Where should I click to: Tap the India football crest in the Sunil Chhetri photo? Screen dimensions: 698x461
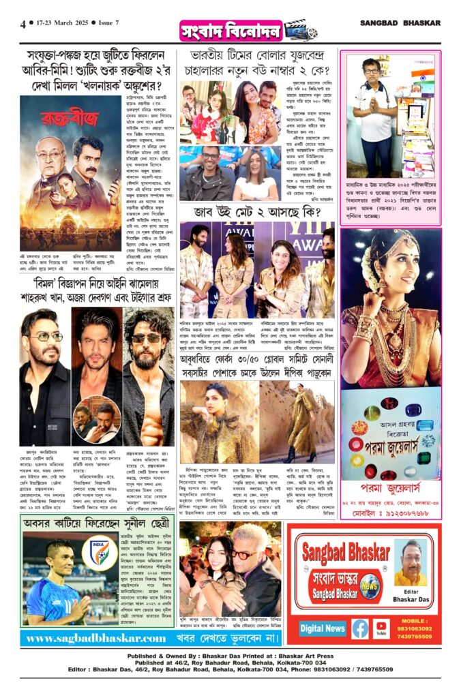99,553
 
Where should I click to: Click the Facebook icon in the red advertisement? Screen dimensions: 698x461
359,628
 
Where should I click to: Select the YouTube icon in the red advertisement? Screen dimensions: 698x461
381,628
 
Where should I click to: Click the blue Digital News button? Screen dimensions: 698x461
323,628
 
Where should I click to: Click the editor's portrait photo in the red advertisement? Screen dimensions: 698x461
411,562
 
